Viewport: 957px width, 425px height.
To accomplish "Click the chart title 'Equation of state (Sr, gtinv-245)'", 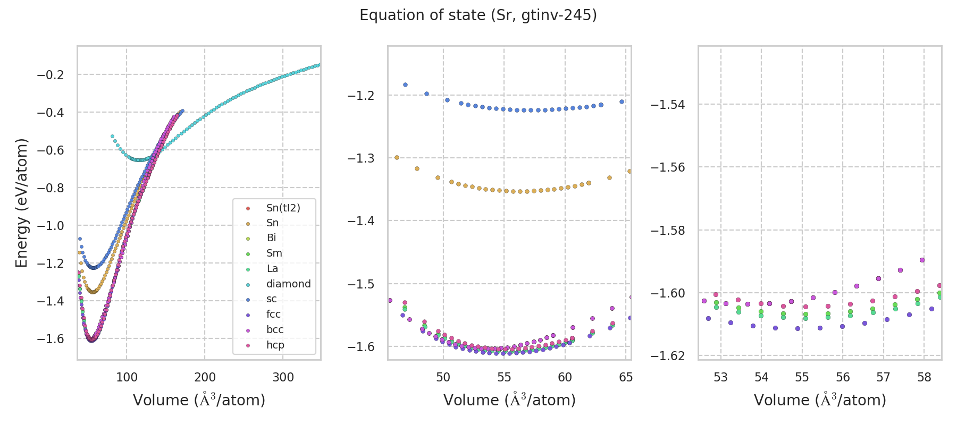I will click(478, 15).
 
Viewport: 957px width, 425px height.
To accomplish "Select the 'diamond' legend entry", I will click(288, 284).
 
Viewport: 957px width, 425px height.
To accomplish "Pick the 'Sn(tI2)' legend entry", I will click(283, 208).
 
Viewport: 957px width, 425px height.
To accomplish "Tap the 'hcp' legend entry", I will click(275, 345).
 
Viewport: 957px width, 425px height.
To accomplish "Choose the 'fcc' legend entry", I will click(273, 314).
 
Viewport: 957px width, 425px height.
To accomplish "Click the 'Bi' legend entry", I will click(271, 238).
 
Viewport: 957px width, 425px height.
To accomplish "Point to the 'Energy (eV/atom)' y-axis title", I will click(21, 202).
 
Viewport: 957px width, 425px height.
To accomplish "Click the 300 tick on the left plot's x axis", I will click(283, 377).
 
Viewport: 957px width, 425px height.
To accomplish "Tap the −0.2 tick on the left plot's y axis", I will click(51, 75).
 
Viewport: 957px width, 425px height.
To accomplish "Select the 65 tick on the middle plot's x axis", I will click(626, 377).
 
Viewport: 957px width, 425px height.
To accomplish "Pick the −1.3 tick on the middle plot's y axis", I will click(361, 158).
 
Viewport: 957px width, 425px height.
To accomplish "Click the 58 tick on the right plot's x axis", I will click(924, 377).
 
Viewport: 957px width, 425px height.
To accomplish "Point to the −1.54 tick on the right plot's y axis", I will click(668, 105).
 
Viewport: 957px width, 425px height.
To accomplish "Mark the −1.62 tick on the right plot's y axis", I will click(668, 355).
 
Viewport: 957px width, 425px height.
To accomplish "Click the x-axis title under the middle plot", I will click(509, 400).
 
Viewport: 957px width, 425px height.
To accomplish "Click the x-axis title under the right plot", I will click(820, 400).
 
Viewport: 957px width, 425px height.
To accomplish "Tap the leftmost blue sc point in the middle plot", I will click(405, 84).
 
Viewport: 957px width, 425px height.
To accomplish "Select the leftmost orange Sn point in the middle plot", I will click(397, 158).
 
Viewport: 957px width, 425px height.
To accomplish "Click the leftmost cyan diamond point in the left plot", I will click(112, 137).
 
